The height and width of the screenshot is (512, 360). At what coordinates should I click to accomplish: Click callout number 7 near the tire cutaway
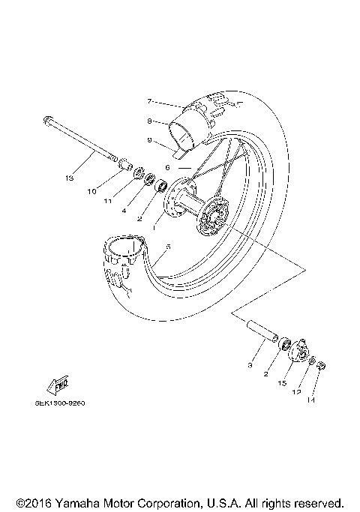point(150,100)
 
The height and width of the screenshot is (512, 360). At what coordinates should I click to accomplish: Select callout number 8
point(150,121)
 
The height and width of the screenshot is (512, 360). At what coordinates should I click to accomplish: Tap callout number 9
point(150,140)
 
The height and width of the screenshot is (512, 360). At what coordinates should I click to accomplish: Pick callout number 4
point(123,212)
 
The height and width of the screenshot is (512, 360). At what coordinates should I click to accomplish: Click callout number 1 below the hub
point(154,226)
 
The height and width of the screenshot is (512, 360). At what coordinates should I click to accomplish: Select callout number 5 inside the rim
point(168,247)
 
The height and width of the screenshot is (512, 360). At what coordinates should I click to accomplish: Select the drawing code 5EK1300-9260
point(59,403)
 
